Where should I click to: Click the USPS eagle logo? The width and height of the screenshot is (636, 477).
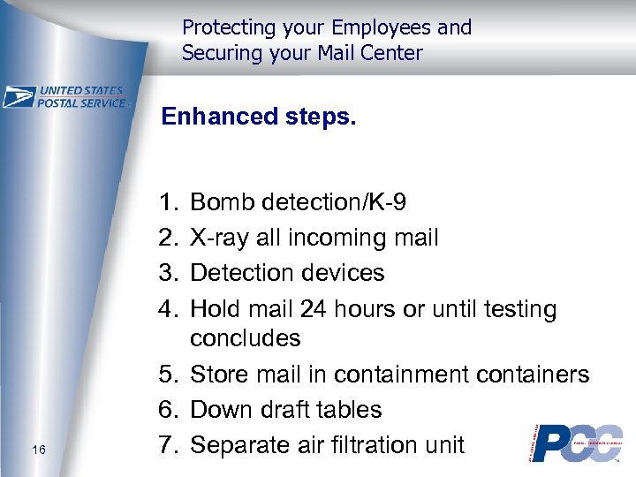19,96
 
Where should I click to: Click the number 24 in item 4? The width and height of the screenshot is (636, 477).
314,309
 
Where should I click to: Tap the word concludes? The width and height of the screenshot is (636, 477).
246,338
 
